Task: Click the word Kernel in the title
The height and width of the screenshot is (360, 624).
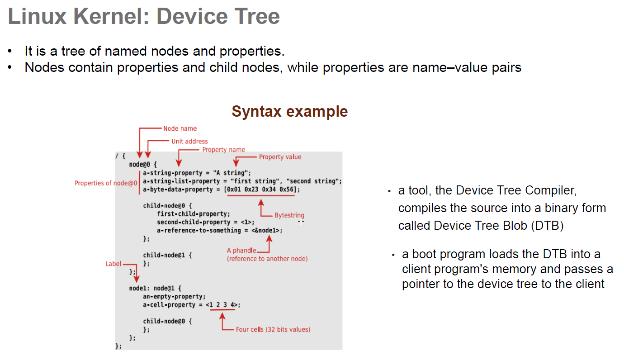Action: click(107, 16)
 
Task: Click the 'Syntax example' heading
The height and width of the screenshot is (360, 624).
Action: click(290, 111)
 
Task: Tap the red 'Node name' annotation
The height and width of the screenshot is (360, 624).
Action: click(180, 128)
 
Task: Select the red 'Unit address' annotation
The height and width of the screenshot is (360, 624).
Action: click(189, 141)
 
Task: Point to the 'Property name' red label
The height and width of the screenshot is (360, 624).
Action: click(224, 150)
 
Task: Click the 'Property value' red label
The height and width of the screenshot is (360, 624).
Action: click(280, 157)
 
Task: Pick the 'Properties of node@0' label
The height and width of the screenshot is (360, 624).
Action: click(106, 183)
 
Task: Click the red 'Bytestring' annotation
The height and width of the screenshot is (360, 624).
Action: click(289, 215)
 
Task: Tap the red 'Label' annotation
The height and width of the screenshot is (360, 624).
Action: click(113, 264)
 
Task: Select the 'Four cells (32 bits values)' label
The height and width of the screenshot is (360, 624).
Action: click(273, 329)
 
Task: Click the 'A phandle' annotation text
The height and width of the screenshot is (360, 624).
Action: click(241, 250)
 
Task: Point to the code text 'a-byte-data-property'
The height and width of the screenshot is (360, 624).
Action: click(178, 189)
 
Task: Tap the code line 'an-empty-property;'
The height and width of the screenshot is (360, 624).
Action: click(175, 297)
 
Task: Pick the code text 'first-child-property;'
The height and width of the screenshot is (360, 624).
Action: click(194, 214)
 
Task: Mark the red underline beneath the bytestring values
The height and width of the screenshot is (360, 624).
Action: click(261, 196)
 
